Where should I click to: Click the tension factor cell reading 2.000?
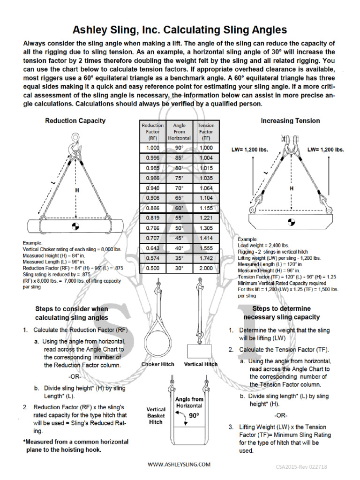tap(206, 269)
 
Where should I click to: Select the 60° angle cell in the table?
tap(179, 208)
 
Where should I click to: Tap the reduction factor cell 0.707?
tap(153, 238)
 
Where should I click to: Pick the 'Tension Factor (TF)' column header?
tap(206, 132)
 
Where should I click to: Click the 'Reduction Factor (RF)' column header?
tap(153, 132)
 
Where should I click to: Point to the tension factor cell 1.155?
tap(206, 208)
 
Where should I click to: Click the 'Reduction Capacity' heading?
tap(75, 120)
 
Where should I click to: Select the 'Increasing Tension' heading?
tap(290, 120)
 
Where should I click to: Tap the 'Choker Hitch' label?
tap(157, 364)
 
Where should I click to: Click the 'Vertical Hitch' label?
tap(201, 364)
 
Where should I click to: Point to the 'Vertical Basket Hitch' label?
tap(156, 415)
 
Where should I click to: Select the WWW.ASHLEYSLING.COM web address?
tap(179, 464)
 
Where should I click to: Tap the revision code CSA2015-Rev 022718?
tap(307, 467)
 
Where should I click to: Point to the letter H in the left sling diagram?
tap(75, 190)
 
